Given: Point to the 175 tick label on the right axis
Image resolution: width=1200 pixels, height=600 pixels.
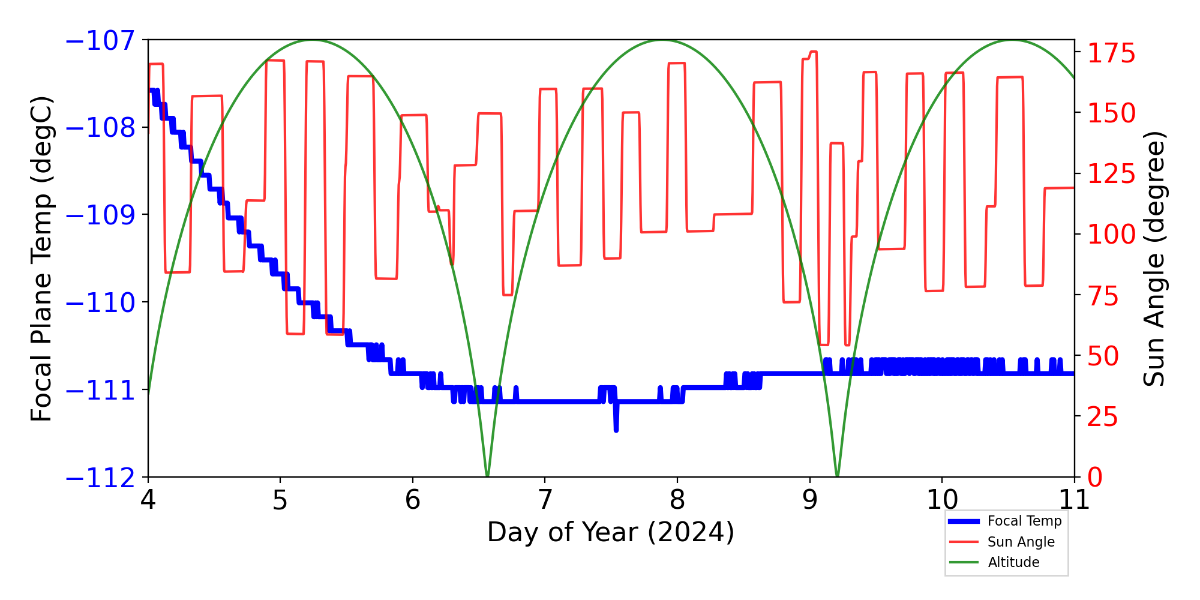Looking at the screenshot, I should [1111, 54].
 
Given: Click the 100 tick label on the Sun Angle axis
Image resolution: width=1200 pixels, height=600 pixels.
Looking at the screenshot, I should [1111, 235].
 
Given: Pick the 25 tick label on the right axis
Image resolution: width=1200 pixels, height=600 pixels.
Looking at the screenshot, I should [1103, 417].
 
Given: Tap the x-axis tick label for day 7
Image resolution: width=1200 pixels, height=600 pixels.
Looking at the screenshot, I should [545, 500].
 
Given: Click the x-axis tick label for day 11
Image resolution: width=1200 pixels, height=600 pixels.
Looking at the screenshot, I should [1074, 500].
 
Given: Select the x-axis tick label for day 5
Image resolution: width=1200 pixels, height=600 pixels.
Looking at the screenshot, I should [280, 500].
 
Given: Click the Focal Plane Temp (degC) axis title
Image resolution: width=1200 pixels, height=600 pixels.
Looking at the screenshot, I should [42, 259].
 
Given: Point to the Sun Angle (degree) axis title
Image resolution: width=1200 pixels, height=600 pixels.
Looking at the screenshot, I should [1153, 259].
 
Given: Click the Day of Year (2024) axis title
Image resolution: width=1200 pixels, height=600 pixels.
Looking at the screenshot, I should [611, 532].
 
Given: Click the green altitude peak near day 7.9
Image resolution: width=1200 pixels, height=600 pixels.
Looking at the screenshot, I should [662, 41].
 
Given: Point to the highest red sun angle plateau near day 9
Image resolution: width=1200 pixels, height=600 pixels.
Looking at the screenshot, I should [814, 52].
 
